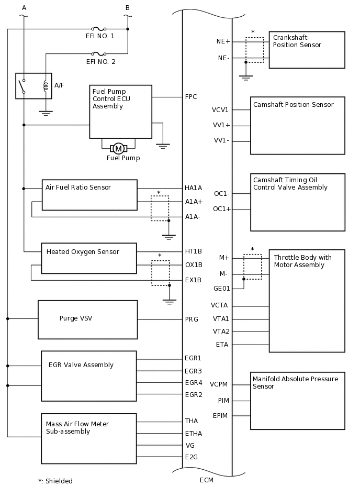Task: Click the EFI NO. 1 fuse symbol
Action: pyautogui.click(x=99, y=29)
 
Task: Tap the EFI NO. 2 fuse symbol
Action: pyautogui.click(x=99, y=53)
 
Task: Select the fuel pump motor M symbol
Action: pyautogui.click(x=119, y=149)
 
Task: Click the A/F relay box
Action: pyautogui.click(x=33, y=86)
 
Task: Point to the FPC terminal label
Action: pyautogui.click(x=191, y=97)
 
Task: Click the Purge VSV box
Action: pyautogui.click(x=87, y=319)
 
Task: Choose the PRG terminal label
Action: pyautogui.click(x=192, y=319)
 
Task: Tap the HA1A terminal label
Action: pyautogui.click(x=194, y=188)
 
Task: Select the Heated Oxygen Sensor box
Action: pyautogui.click(x=89, y=258)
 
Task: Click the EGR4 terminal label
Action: pyautogui.click(x=193, y=383)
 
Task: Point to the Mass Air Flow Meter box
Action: pyautogui.click(x=89, y=438)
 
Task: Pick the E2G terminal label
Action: pyautogui.click(x=192, y=457)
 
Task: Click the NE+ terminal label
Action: pyautogui.click(x=223, y=41)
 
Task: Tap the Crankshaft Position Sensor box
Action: pyautogui.click(x=307, y=50)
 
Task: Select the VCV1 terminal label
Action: pyautogui.click(x=220, y=110)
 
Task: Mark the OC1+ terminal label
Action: pyautogui.click(x=222, y=209)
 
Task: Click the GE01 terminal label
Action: pyautogui.click(x=221, y=288)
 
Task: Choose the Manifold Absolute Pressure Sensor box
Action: pyautogui.click(x=297, y=401)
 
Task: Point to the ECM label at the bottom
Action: pyautogui.click(x=207, y=480)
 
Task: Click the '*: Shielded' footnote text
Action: pyautogui.click(x=55, y=481)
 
